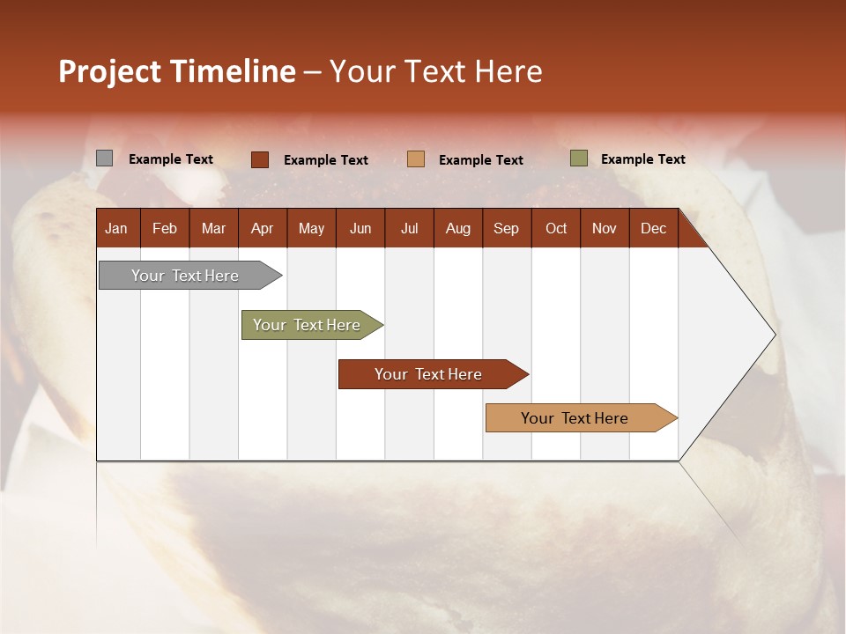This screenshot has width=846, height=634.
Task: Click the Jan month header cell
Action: [x=117, y=228]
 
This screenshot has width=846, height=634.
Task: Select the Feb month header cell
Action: [x=165, y=228]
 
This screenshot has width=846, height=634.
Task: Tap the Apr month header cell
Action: [x=263, y=228]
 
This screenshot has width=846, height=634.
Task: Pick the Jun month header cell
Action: [x=360, y=228]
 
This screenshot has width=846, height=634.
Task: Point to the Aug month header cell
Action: [x=458, y=228]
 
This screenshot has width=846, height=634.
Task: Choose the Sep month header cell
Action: [x=507, y=228]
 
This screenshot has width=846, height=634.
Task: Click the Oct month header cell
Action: [x=556, y=228]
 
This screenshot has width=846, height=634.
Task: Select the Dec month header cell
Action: [x=654, y=228]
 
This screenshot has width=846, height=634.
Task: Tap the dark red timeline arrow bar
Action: [x=429, y=374]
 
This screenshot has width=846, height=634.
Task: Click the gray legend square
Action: [x=104, y=158]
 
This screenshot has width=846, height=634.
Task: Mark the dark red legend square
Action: [x=260, y=159]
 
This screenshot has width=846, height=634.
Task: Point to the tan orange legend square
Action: [x=416, y=159]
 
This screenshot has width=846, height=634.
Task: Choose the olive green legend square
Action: [x=578, y=158]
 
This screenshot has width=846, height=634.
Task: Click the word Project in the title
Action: [x=110, y=72]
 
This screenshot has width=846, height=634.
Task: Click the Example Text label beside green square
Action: [x=642, y=159]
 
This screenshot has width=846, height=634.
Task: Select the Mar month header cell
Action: [x=213, y=228]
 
